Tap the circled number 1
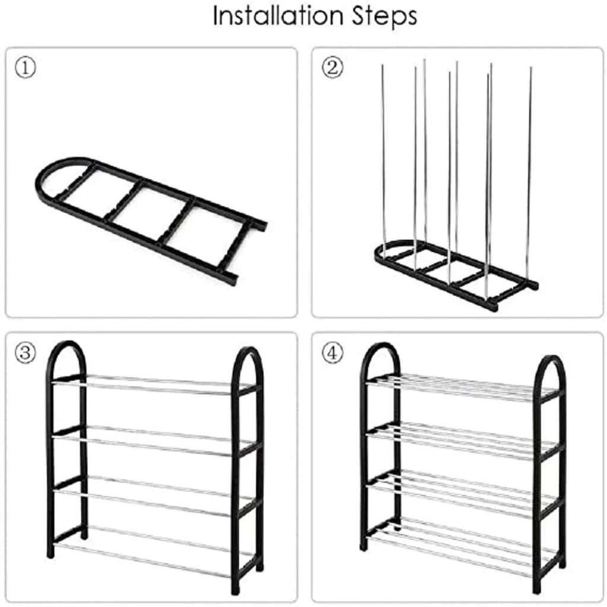25,68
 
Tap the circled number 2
333,68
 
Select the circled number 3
25,353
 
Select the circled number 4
333,353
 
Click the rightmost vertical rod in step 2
530,174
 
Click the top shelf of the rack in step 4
462,387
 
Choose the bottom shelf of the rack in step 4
462,547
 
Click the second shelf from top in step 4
462,440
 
